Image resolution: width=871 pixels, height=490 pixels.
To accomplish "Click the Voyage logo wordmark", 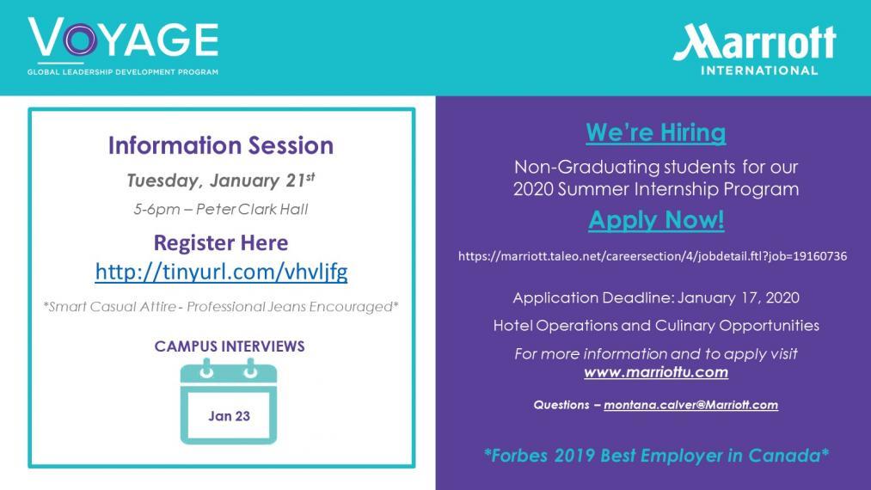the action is point(123,37).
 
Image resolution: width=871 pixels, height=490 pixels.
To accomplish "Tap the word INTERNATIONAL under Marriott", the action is point(758,70).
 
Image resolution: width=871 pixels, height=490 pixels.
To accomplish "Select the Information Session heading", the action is point(220,145).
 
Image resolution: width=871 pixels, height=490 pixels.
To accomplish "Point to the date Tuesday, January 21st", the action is point(220,180).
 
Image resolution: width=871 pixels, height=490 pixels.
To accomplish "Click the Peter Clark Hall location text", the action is point(252,210).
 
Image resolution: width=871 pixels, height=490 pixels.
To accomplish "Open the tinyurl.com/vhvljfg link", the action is point(221,272).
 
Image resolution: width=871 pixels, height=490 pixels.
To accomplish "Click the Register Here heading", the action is point(220,242).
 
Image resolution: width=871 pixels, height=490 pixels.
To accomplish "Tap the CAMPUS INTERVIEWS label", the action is point(230,346).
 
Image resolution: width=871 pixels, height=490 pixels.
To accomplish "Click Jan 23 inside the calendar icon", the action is point(229,416).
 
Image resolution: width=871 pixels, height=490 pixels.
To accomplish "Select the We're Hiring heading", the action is point(655,132).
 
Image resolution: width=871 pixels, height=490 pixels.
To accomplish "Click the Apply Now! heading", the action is point(656,220).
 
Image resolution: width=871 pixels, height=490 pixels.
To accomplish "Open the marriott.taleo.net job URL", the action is point(653,256).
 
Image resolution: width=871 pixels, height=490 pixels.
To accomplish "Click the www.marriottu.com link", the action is point(656,372).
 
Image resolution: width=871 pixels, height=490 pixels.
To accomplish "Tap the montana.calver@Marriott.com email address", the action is point(691,405).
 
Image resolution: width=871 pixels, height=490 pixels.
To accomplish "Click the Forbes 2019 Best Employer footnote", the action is point(656,456).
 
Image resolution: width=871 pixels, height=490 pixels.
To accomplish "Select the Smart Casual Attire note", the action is point(221,307).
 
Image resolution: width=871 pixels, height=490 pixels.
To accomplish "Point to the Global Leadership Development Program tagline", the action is point(123,71).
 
